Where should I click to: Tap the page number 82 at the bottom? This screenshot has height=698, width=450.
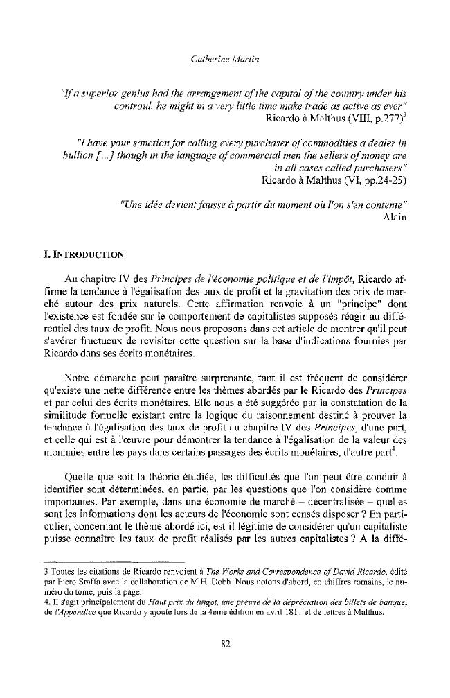click(225, 644)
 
